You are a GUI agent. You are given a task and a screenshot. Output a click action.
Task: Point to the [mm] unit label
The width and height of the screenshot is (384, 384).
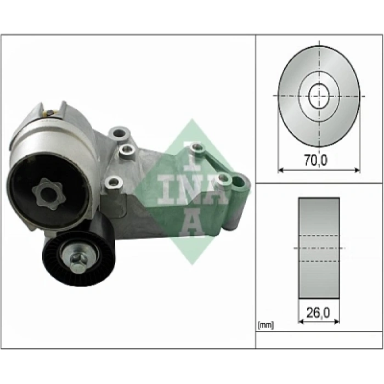266,325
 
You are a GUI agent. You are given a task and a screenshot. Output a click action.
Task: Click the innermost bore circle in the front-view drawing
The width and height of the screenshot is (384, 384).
319,97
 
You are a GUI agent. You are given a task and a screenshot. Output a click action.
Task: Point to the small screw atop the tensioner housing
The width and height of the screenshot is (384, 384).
50,113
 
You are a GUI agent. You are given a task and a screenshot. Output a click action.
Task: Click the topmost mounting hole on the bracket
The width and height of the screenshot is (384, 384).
119,132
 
